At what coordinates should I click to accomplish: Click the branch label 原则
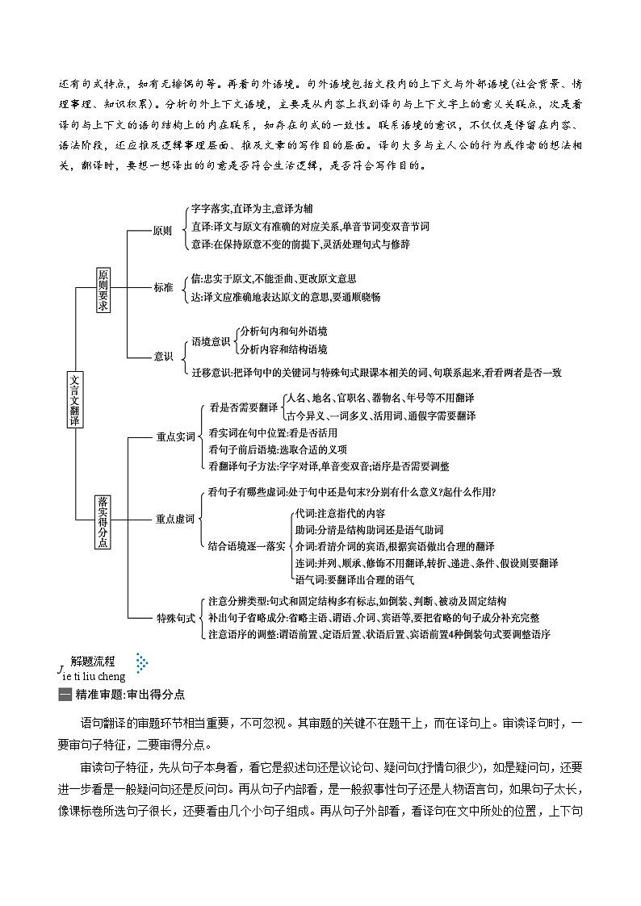click(162, 230)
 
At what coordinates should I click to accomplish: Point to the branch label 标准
click(162, 287)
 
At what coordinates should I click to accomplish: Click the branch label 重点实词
click(176, 436)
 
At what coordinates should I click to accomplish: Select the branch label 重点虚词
click(175, 519)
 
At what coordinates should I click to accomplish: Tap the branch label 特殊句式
click(175, 618)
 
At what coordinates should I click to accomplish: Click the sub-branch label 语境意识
click(211, 341)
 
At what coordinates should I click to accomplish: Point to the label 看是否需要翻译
click(243, 408)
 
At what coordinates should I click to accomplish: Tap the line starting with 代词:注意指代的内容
click(340, 514)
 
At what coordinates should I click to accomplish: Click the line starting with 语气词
click(354, 579)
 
